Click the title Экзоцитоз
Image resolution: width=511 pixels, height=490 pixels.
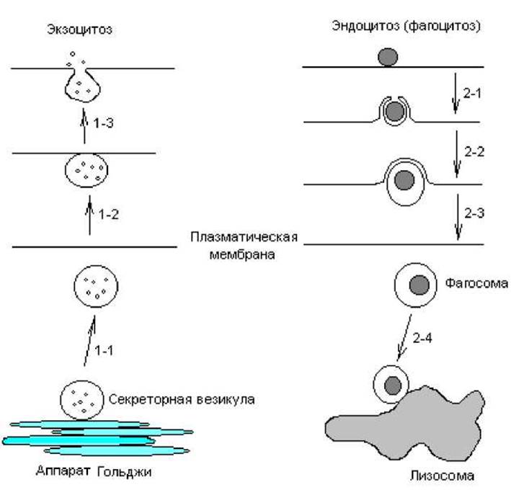coord(79,30)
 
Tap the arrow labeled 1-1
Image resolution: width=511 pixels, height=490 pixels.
coord(89,340)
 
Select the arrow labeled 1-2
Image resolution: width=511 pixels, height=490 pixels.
coord(89,215)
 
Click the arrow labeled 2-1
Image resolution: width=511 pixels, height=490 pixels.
coord(456,94)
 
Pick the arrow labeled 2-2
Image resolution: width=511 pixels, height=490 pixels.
coord(457,154)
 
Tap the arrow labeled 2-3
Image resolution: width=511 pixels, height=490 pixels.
coord(458,217)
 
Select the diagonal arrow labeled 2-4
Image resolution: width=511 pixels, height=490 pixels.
coord(404,337)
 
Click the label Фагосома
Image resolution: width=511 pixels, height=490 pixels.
coord(476,283)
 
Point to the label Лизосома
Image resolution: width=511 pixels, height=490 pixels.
coord(442,476)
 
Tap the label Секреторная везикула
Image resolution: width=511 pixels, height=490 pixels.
coord(182,399)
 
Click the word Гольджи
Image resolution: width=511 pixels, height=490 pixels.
coord(125,472)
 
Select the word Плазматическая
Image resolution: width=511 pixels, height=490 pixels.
coord(244,237)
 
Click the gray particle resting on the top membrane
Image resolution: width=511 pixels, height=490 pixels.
coord(388,57)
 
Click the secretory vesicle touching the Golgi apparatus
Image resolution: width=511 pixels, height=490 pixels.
coord(81,400)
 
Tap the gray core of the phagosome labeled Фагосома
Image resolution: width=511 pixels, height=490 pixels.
coord(419,285)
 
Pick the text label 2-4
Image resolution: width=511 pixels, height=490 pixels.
coord(422,338)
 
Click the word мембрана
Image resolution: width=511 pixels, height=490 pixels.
coord(242,254)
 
